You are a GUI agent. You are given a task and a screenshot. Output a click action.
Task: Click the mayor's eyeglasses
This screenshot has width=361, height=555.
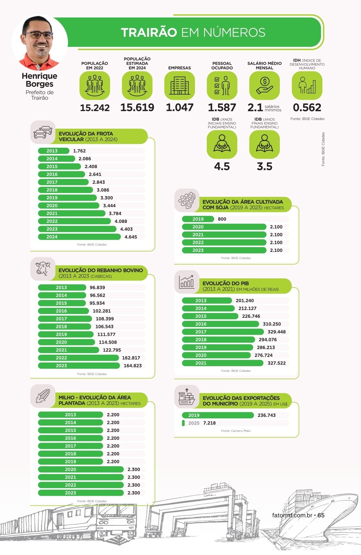point(38,35)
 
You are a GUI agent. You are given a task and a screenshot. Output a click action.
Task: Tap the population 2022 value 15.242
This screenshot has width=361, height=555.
point(95,108)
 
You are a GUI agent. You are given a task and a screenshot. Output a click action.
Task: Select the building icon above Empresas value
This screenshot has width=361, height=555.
point(180,85)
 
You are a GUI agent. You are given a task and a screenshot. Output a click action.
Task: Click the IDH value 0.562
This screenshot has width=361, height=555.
point(307,108)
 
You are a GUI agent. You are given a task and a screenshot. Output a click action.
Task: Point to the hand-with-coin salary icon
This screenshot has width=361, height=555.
point(264,85)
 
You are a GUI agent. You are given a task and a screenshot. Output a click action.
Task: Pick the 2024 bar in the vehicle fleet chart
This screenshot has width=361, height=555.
point(79,237)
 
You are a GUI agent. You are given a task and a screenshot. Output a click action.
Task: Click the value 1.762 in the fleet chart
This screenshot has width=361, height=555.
point(79,151)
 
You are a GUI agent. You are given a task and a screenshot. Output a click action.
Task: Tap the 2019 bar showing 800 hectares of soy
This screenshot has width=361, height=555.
point(198,219)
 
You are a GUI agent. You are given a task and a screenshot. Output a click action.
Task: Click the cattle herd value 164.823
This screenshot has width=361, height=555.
point(133,366)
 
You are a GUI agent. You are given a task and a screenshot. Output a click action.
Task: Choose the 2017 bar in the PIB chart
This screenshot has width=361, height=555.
point(223,332)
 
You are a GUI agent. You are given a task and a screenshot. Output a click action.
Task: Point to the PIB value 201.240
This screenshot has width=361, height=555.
point(245,301)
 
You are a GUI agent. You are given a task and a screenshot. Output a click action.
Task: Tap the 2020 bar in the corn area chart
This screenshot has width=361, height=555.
point(81,469)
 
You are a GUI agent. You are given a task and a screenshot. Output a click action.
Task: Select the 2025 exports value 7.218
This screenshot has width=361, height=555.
point(209,423)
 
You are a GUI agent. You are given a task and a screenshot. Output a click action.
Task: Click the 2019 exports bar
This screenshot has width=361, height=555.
point(218,415)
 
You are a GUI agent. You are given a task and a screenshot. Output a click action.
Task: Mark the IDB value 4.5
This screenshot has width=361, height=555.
point(222,167)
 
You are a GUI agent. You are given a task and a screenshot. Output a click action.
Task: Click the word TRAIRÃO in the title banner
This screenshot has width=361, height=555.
point(149,32)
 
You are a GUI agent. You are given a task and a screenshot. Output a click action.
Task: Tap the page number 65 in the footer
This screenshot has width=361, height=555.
point(321,515)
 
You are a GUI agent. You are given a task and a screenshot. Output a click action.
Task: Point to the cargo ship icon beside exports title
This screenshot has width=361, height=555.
point(187,396)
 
